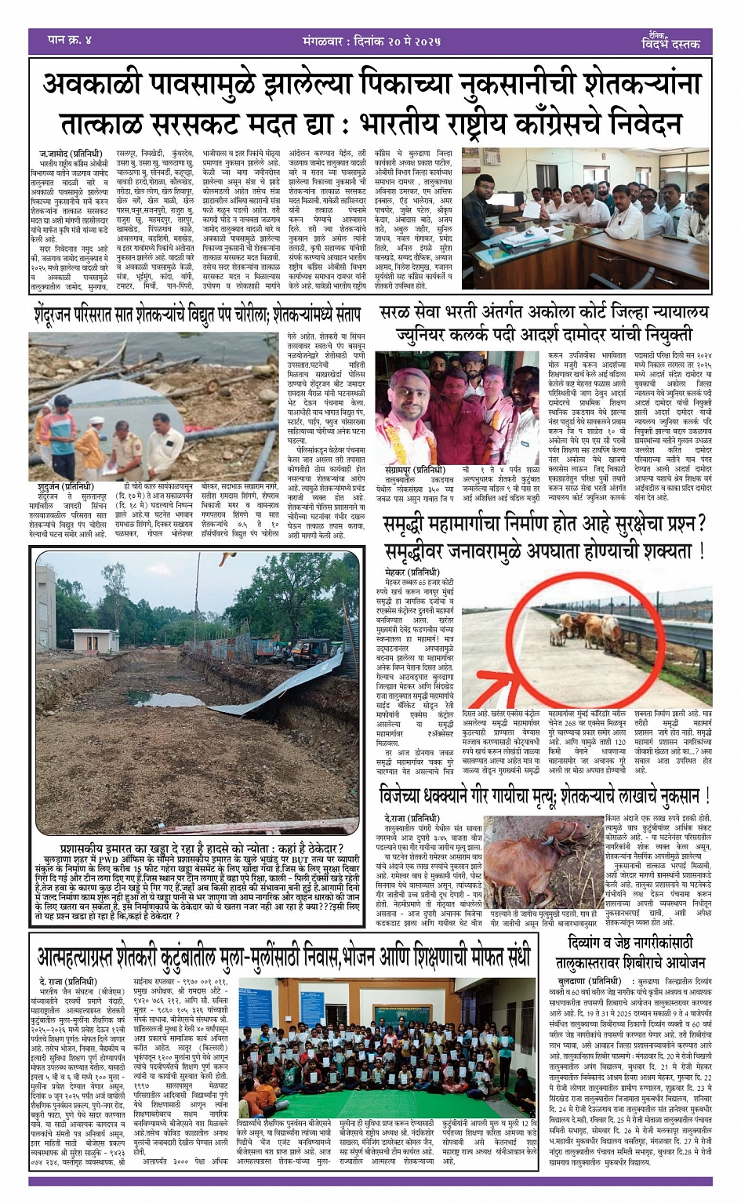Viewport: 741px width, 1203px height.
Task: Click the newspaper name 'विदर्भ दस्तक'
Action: coord(670,44)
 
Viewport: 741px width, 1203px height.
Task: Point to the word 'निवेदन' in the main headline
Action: coord(645,124)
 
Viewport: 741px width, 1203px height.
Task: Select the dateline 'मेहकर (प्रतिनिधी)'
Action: coord(412,572)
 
